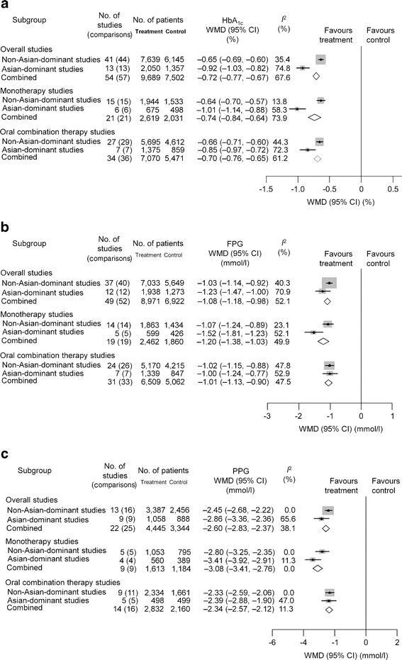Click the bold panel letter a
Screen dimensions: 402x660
tap(6, 6)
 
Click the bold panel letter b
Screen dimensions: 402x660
tap(6, 228)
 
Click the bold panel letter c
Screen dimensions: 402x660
tap(6, 449)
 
